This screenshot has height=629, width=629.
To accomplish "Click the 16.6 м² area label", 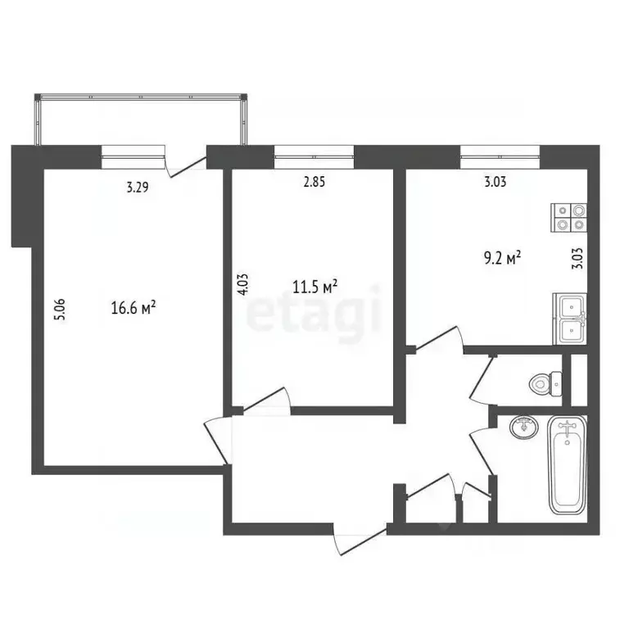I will click(x=133, y=308).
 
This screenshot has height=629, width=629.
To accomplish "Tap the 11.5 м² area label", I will click(x=315, y=287).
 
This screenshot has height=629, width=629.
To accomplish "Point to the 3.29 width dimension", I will click(x=138, y=188).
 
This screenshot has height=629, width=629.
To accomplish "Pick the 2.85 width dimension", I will click(x=314, y=183).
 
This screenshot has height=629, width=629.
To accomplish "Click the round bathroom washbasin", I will click(x=521, y=427).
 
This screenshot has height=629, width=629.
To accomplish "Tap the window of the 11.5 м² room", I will click(x=314, y=151).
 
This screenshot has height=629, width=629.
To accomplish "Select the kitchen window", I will click(x=500, y=151).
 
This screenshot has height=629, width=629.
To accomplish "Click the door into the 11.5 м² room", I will click(x=266, y=399).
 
